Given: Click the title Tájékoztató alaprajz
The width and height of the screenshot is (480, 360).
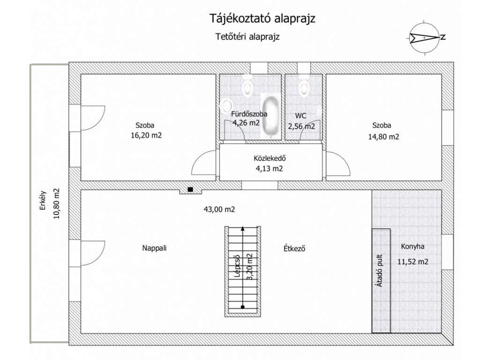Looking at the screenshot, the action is [262, 19].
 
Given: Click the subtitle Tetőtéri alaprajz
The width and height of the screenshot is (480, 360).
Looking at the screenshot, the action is [247, 37].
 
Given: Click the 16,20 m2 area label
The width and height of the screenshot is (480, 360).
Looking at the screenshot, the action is [146, 135].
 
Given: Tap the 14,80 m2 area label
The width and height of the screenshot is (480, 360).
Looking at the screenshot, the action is [383, 137].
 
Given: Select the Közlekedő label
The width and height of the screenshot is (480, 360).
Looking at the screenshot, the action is [270, 158].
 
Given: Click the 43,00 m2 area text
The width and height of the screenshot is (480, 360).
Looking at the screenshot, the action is [219, 210].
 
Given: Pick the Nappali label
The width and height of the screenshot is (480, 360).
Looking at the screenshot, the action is [154, 248].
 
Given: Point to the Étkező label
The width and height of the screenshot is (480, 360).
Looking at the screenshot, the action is [294, 248].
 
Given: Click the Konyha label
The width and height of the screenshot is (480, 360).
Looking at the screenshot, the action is [412, 247].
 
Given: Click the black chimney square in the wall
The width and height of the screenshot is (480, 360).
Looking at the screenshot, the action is [190, 189].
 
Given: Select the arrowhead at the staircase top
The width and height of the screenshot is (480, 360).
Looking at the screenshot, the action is [243, 228].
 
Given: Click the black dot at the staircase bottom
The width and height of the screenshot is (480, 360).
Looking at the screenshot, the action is [243, 307].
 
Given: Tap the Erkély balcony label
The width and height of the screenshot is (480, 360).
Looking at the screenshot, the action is [43, 201].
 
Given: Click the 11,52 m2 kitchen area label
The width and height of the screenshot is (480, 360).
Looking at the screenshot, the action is [412, 262].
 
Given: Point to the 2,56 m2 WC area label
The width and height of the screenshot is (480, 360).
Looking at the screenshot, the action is [301, 127].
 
